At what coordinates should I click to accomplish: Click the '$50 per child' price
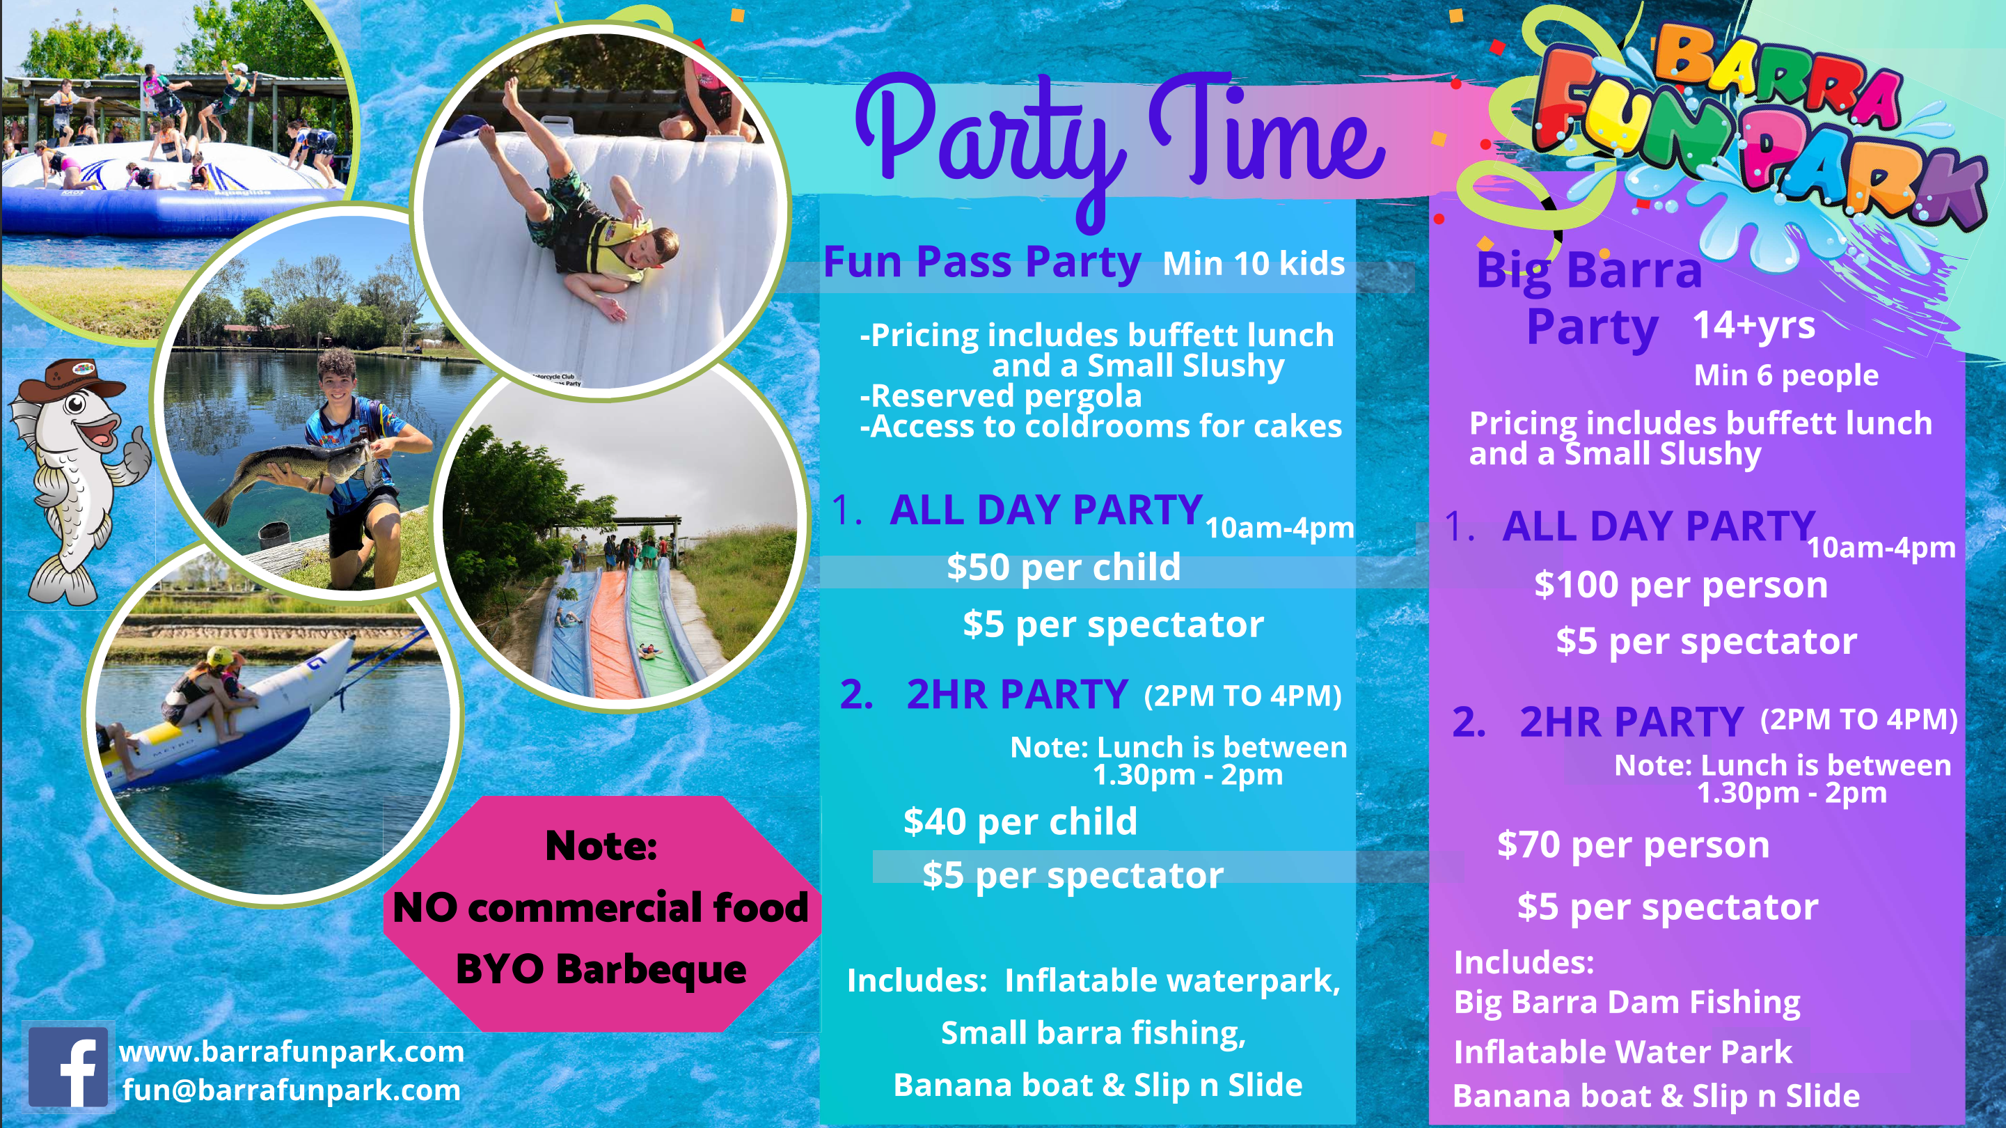(x=1064, y=567)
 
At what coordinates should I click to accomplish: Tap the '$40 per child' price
(x=1020, y=822)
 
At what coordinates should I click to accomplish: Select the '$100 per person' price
(x=1680, y=585)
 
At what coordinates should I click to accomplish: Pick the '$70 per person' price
(x=1633, y=845)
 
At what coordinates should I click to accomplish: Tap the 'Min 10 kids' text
(x=1254, y=263)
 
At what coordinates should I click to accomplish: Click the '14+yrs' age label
(x=1754, y=325)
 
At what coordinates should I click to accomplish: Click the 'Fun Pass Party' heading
(x=982, y=262)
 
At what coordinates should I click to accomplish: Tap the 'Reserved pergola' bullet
(x=1001, y=396)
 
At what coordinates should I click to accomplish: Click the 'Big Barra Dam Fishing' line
(x=1627, y=1003)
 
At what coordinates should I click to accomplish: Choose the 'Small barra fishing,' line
(x=1093, y=1033)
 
